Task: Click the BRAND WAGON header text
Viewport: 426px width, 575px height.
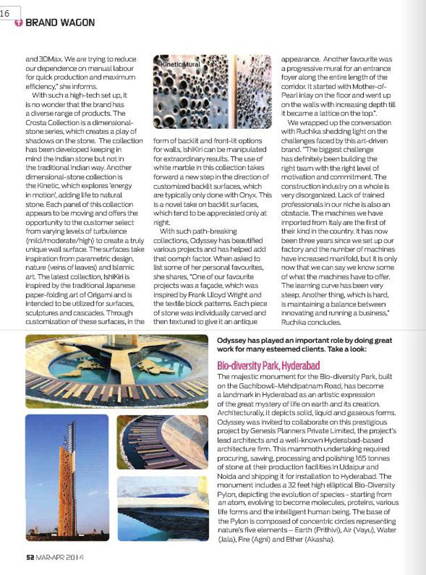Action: pyautogui.click(x=60, y=23)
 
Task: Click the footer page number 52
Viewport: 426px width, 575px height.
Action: pyautogui.click(x=30, y=557)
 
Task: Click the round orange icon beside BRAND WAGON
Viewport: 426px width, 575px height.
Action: pyautogui.click(x=19, y=23)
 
